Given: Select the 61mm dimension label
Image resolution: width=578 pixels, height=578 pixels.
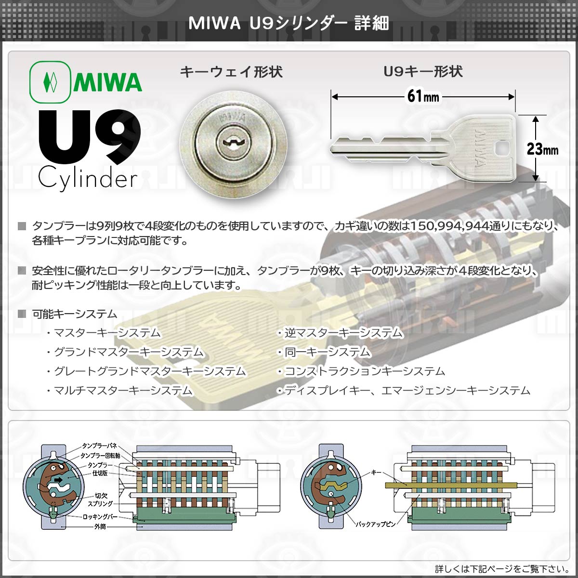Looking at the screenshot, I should (x=423, y=96).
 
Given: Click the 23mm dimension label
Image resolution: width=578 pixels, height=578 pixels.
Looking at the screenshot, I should (x=542, y=149).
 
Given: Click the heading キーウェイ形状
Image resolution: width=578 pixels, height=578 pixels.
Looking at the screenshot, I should (x=231, y=72).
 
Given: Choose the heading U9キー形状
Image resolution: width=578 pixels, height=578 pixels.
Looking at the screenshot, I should (x=423, y=72).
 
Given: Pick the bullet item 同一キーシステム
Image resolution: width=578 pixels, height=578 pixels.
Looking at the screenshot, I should (x=328, y=352).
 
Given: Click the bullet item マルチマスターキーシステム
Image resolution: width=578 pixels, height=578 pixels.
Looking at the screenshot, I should (x=123, y=391).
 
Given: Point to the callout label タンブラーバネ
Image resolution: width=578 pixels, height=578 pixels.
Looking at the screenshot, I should (x=99, y=446).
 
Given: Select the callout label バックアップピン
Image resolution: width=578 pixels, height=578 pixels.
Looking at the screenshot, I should (x=376, y=524).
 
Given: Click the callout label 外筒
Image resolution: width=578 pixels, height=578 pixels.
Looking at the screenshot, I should (x=100, y=526).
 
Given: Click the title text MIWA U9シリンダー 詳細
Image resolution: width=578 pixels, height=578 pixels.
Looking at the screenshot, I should (x=289, y=23).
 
